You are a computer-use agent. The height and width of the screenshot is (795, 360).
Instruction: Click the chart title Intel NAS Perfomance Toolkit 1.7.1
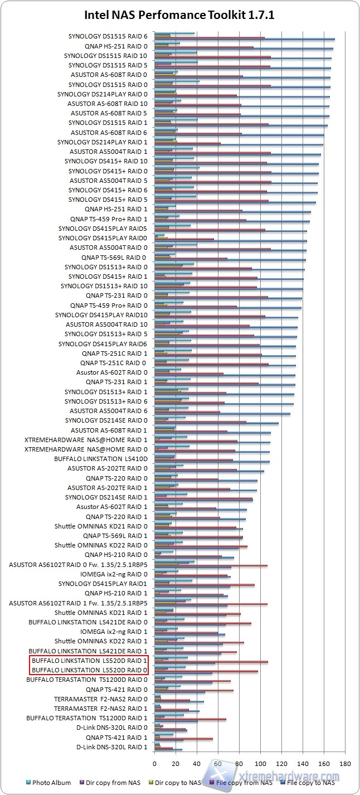tap(179, 15)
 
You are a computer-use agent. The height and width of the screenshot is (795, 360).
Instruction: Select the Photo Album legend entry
tap(51, 783)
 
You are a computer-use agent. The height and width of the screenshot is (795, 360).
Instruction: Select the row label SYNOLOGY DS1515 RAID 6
tap(108, 36)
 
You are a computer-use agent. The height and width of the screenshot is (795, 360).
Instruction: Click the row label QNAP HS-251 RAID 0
tap(116, 46)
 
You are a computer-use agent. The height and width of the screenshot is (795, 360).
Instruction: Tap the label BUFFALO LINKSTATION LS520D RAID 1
tap(88, 661)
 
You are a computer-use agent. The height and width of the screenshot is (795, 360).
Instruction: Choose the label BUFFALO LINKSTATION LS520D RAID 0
tap(88, 670)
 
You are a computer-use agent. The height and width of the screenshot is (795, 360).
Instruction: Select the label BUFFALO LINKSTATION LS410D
tap(101, 459)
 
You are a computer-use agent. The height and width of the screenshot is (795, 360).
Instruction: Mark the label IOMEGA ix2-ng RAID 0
tap(114, 574)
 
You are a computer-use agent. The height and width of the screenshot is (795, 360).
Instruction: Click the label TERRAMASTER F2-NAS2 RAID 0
tap(101, 699)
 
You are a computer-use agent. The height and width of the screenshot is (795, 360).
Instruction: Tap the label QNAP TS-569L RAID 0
tap(114, 258)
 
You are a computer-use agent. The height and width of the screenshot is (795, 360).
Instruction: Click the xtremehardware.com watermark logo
tap(273, 776)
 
